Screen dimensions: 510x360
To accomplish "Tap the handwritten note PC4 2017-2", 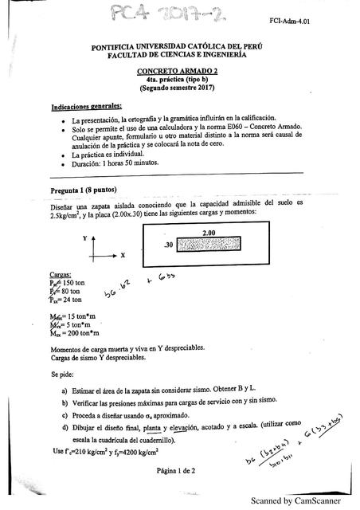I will [x=140, y=16].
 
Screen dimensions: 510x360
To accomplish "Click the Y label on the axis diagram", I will [x=83, y=238].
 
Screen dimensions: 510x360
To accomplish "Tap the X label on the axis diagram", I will [x=123, y=257].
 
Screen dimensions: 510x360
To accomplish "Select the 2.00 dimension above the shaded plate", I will [x=209, y=233].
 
